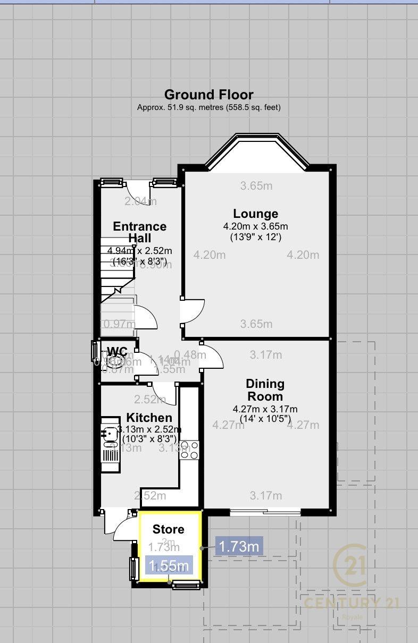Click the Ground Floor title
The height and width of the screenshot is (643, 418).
point(208,95)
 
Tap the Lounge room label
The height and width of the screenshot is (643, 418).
point(255,214)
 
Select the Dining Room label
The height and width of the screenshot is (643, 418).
point(265,390)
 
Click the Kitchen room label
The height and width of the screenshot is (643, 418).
point(149,418)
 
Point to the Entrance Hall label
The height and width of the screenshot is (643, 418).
point(139,232)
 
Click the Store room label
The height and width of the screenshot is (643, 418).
point(168,529)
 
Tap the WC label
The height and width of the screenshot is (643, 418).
point(117,351)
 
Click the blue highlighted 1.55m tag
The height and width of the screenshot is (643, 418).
point(169,565)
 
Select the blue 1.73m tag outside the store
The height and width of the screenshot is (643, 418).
point(239,546)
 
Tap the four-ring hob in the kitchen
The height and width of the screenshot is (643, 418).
point(190,450)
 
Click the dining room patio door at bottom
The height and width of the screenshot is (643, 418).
point(265,512)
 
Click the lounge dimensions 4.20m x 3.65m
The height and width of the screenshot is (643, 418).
point(255,226)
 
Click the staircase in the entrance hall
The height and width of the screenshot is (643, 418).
point(117,298)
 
